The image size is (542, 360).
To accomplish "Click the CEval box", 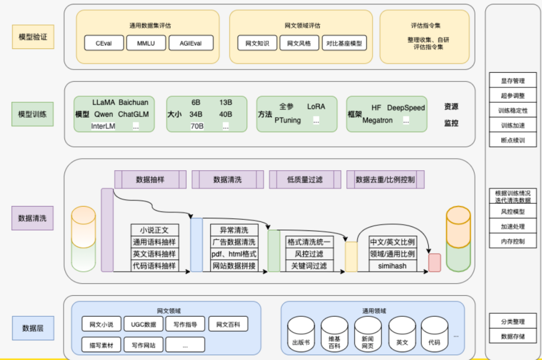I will pyautogui.click(x=104, y=43).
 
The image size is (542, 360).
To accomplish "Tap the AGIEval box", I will pyautogui.click(x=191, y=43).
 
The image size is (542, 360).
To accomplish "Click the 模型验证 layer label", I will pyautogui.click(x=33, y=37).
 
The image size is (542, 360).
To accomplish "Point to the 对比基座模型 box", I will pyautogui.click(x=344, y=43).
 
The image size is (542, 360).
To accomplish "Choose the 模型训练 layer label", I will pyautogui.click(x=33, y=114).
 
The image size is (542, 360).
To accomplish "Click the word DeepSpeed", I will pyautogui.click(x=406, y=107).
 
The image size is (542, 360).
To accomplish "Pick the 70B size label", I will pyautogui.click(x=196, y=126).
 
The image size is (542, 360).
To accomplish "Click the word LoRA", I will pyautogui.click(x=316, y=106).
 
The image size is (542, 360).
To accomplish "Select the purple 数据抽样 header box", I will pyautogui.click(x=150, y=179).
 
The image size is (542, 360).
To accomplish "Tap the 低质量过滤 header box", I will pyautogui.click(x=305, y=179).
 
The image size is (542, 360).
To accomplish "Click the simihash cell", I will pyautogui.click(x=392, y=266).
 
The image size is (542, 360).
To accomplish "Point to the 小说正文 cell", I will pyautogui.click(x=154, y=230).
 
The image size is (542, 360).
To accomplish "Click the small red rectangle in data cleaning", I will pyautogui.click(x=435, y=263).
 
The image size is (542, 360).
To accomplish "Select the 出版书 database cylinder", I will pyautogui.click(x=301, y=335).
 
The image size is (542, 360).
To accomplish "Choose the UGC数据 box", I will pyautogui.click(x=143, y=324).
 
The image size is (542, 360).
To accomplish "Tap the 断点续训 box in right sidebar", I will pyautogui.click(x=513, y=141).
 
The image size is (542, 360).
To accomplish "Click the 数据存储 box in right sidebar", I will pyautogui.click(x=513, y=336).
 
